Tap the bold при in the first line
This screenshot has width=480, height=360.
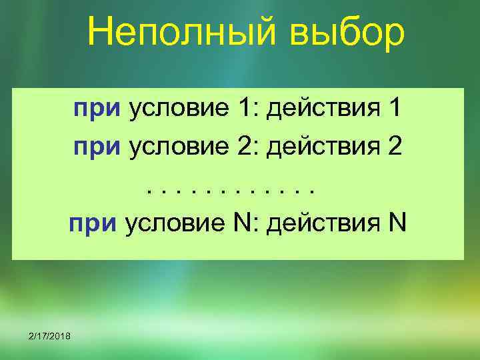pos(97,109)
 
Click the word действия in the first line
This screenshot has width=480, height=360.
pos(319,108)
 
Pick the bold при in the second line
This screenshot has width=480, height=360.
pos(97,147)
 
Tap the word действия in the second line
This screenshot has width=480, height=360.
pos(319,146)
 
